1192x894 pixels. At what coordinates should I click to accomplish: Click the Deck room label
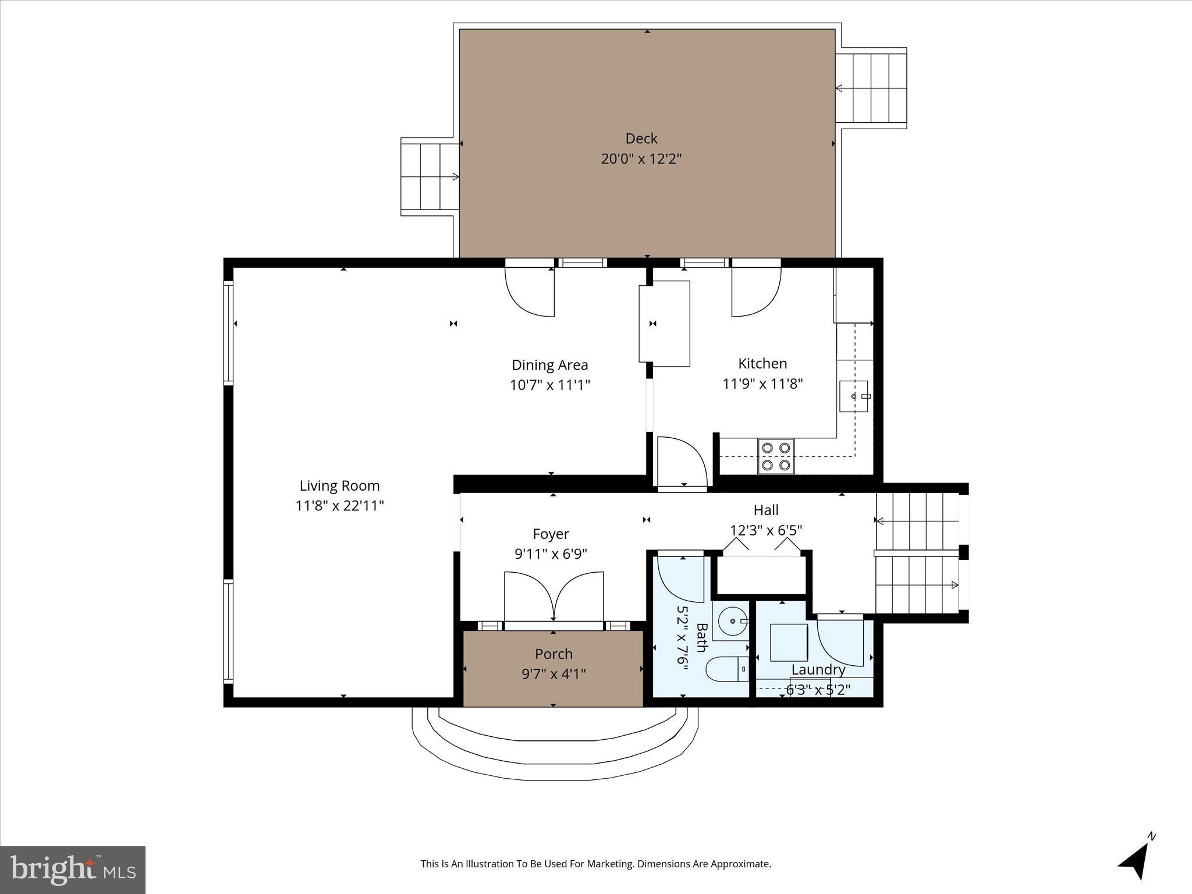click(641, 139)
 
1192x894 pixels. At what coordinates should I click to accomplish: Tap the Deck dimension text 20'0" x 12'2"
click(641, 158)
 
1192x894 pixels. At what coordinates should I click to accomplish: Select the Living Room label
click(339, 485)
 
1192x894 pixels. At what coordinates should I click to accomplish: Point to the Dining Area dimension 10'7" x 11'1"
click(550, 385)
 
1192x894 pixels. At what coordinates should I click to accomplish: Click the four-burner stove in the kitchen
click(776, 456)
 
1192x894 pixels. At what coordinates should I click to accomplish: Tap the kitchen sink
click(854, 396)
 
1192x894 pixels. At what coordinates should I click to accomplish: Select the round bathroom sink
click(732, 622)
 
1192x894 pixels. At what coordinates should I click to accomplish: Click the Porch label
click(554, 654)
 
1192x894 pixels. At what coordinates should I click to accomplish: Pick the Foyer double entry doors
click(554, 597)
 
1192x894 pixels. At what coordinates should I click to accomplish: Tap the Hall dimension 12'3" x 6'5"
click(766, 530)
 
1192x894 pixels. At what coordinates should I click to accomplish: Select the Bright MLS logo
click(73, 870)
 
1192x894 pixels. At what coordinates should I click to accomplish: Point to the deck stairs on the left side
click(429, 177)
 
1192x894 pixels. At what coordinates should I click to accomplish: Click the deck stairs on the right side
click(871, 88)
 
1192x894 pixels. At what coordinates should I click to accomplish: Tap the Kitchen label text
click(762, 364)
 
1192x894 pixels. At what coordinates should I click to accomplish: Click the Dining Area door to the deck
click(530, 291)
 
